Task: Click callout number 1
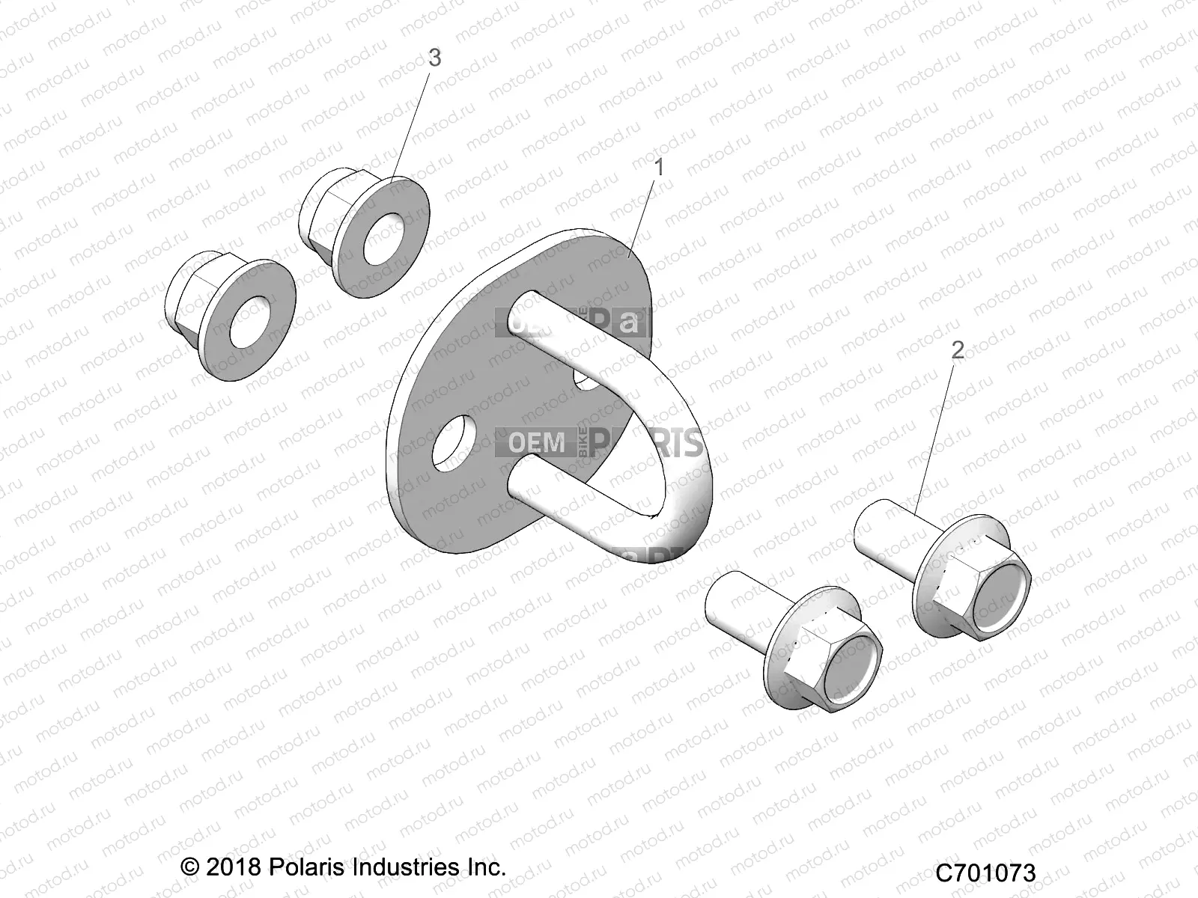pyautogui.click(x=659, y=168)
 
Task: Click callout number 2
pyautogui.click(x=958, y=349)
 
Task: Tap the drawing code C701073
pyautogui.click(x=985, y=873)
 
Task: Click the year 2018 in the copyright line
pyautogui.click(x=232, y=867)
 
